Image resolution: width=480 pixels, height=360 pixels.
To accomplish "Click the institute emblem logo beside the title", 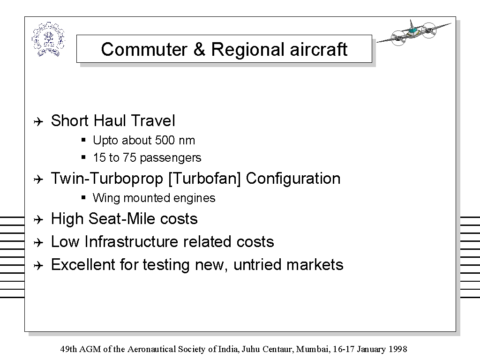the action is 48,39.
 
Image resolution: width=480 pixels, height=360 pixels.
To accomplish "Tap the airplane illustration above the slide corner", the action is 413,33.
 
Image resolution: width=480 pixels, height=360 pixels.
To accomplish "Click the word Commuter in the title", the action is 144,49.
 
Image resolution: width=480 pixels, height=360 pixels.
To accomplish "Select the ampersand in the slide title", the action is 199,49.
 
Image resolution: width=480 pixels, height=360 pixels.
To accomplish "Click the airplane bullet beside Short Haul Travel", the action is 38,122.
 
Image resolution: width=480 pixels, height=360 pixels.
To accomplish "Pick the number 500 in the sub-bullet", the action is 165,140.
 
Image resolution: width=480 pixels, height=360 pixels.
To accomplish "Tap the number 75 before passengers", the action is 129,157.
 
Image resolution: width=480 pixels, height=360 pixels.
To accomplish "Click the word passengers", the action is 171,158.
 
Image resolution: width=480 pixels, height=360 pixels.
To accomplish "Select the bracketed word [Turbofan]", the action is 204,179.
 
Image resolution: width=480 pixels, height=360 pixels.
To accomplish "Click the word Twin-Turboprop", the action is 107,179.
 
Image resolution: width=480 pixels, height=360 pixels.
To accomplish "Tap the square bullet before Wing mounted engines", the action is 83,197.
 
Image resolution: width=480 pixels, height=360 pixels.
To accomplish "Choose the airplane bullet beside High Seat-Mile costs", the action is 38,219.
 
